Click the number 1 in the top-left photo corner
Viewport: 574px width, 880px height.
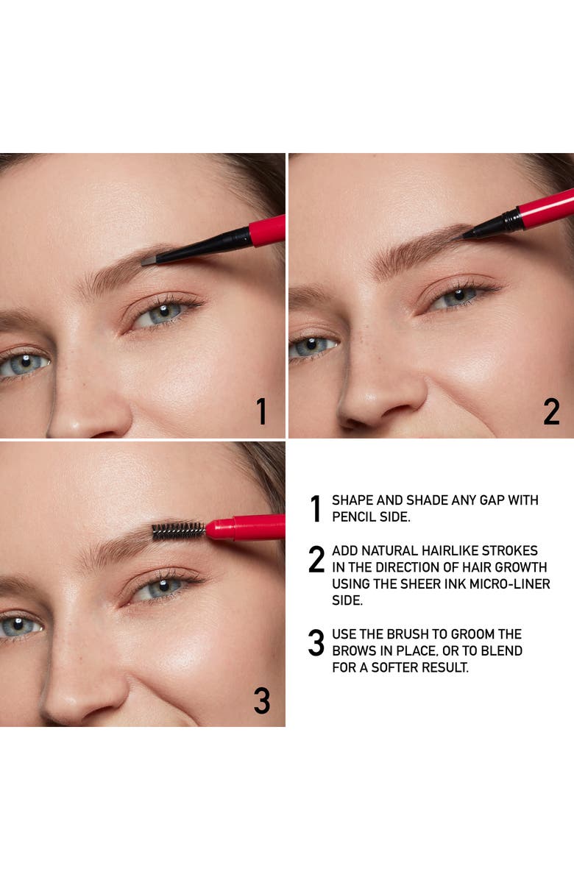[x=261, y=412]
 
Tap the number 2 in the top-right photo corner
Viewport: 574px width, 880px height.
[x=551, y=412]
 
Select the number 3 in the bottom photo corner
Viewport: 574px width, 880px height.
[x=261, y=700]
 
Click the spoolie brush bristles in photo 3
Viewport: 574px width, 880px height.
[x=178, y=531]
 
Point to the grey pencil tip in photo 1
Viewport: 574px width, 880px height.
[x=148, y=260]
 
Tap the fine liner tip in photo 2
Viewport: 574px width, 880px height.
[x=468, y=235]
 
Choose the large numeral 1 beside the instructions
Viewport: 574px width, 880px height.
[x=316, y=508]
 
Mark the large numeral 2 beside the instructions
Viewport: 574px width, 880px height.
[x=316, y=560]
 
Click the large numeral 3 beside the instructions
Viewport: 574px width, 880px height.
[x=316, y=644]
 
